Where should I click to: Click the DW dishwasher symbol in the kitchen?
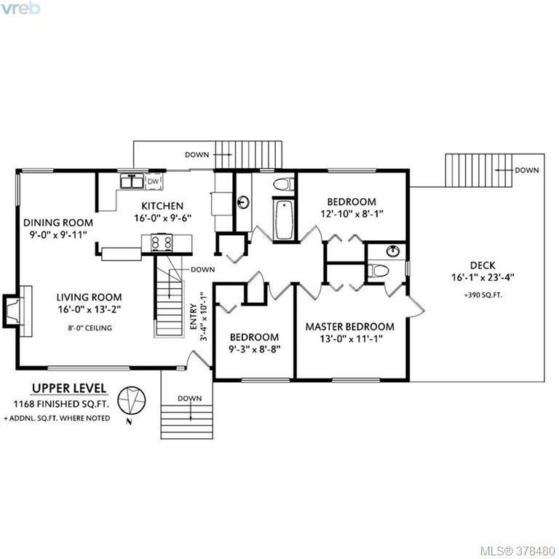pos(154,181)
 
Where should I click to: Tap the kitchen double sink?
pos(132,181)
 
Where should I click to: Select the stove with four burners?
pos(162,243)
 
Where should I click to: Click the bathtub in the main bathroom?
pos(284,220)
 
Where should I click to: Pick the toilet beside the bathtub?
pos(284,184)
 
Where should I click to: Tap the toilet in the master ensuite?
pos(378,270)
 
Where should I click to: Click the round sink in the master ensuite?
pos(392,251)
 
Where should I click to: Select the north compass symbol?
pos(132,402)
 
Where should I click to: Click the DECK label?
pos(483,265)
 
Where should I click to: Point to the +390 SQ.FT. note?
pos(483,296)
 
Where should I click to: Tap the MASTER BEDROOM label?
pos(350,327)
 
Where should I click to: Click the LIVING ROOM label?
pos(89,297)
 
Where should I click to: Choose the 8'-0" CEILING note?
pos(90,328)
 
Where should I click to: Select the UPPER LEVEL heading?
pos(69,388)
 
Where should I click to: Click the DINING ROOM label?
pos(58,223)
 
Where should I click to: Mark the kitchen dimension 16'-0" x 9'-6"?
pos(163,218)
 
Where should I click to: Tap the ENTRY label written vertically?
pos(193,316)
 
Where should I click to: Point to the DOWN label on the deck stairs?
pos(526,170)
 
